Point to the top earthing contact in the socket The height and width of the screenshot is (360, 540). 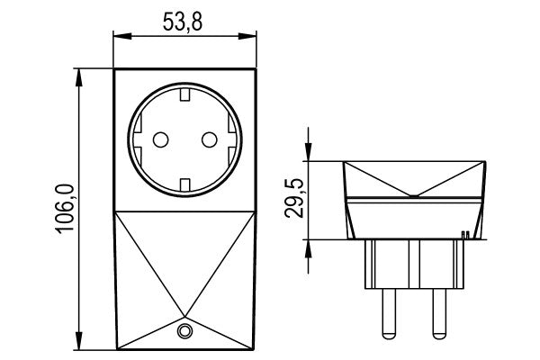[x=184, y=93]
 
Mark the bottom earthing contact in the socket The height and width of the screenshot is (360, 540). [x=184, y=185]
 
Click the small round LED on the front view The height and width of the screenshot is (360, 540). [x=184, y=331]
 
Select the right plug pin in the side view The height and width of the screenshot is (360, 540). [x=439, y=311]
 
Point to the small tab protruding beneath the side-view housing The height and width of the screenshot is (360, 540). [x=463, y=236]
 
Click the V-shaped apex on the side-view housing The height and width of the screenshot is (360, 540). [x=414, y=195]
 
